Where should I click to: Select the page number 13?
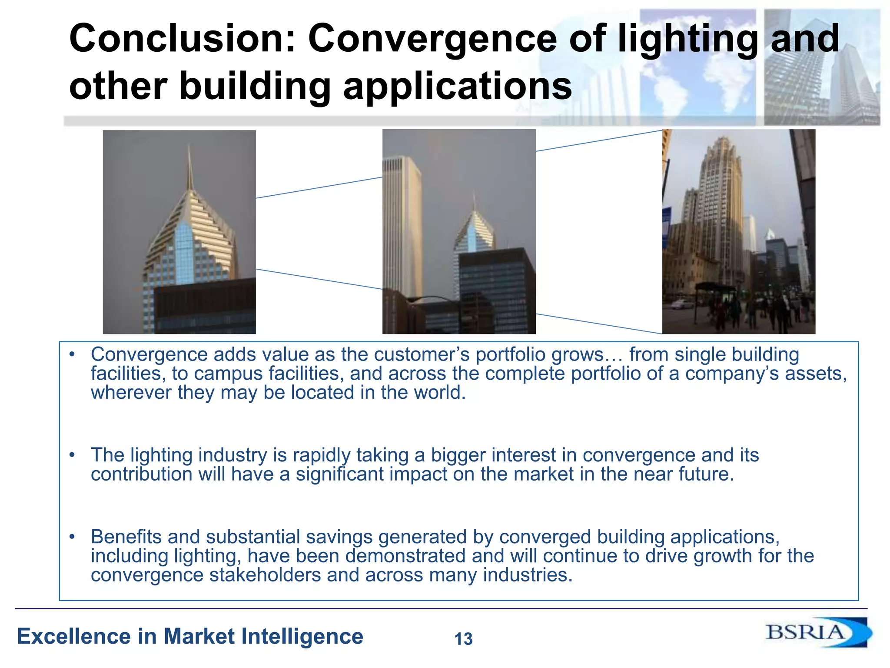pyautogui.click(x=463, y=639)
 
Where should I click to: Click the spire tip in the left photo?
pyautogui.click(x=189, y=148)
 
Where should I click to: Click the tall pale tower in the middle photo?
pyautogui.click(x=401, y=226)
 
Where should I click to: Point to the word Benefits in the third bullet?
pyautogui.click(x=126, y=537)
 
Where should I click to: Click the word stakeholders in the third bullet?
pyautogui.click(x=265, y=575)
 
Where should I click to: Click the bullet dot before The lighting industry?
pyautogui.click(x=72, y=455)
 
